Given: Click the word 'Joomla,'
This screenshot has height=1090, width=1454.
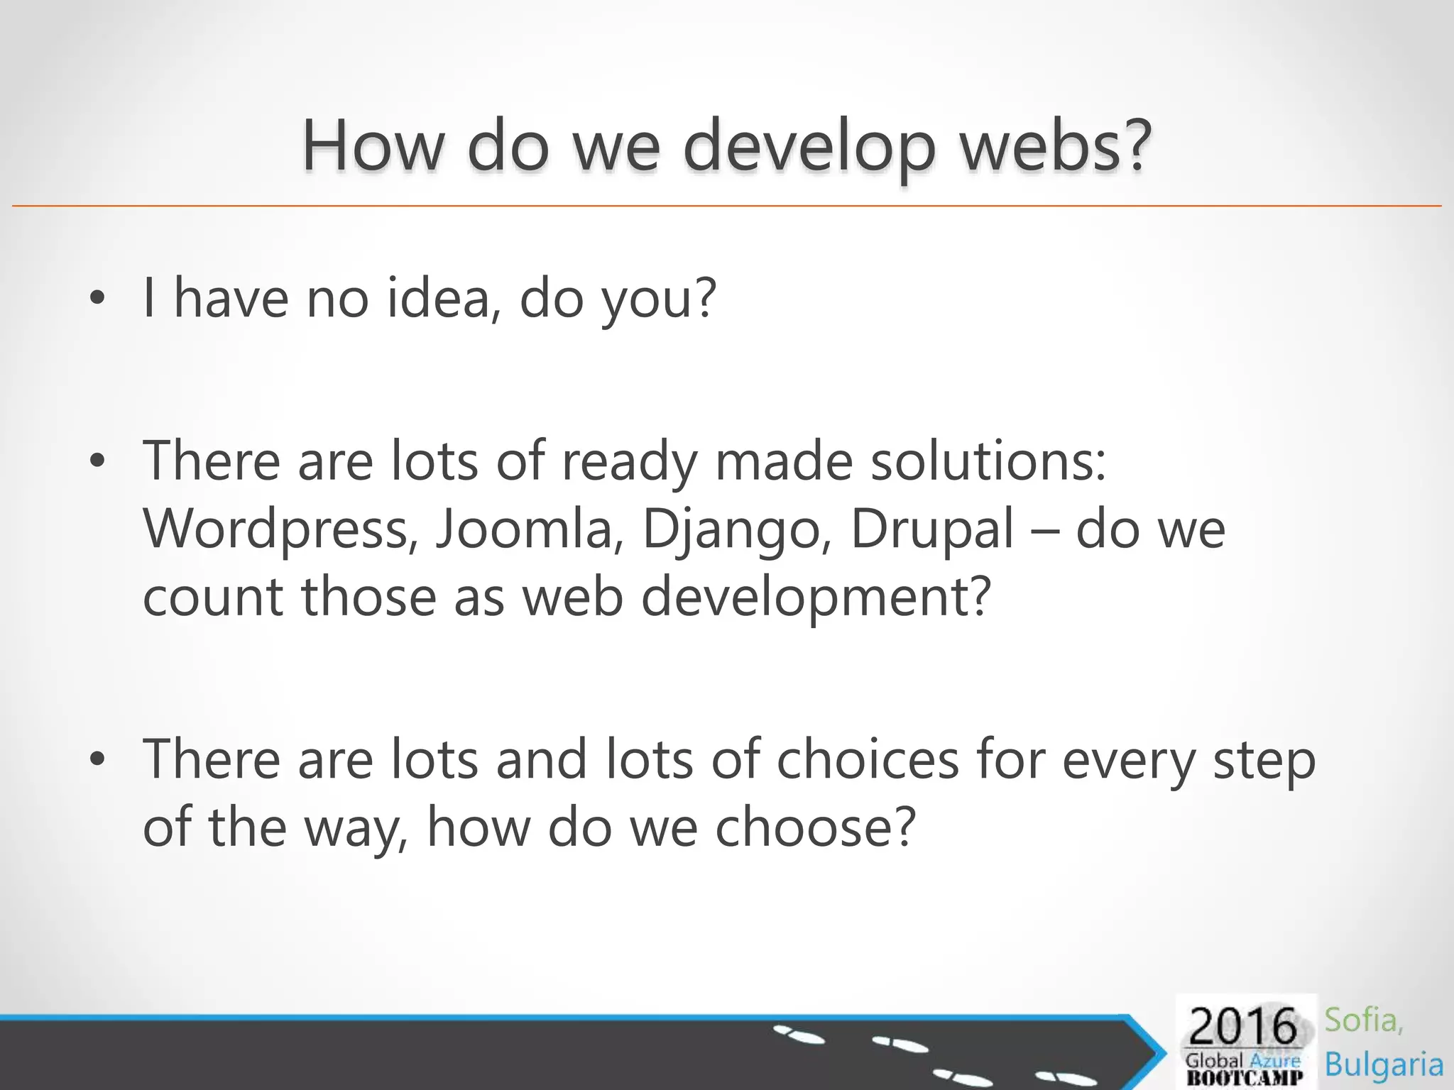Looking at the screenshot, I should pos(529,529).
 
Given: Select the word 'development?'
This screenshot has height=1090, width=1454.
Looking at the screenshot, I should pos(816,597).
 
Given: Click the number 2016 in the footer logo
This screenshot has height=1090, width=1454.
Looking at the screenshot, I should pos(1242,1027).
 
